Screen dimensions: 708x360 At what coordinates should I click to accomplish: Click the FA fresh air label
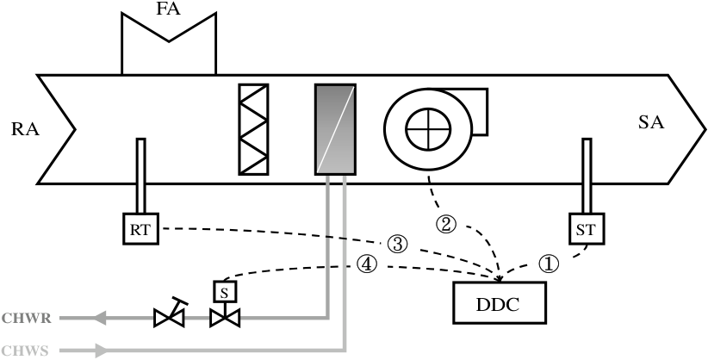169,9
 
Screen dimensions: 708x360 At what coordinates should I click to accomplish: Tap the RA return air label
25,130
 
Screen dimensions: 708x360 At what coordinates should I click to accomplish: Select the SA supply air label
651,122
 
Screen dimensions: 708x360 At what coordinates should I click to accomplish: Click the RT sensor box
141,229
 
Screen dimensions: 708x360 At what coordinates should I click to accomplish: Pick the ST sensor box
587,229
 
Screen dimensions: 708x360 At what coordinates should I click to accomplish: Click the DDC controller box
500,302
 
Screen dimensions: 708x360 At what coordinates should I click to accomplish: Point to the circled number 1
549,264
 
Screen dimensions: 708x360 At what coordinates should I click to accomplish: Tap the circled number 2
446,225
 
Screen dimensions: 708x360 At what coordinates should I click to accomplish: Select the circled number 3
397,245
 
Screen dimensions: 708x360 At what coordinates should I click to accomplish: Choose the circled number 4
367,264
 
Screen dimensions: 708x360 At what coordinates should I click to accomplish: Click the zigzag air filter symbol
254,129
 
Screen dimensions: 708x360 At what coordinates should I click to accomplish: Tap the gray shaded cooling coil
336,129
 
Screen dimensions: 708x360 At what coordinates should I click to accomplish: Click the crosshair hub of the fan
428,129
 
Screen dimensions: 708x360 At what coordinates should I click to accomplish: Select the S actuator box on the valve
225,292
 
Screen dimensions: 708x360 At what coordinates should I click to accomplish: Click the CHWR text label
26,319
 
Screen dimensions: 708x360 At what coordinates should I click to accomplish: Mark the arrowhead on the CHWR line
99,318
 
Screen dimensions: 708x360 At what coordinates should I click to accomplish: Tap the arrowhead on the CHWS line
102,350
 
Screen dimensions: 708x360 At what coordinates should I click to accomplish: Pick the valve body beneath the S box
225,318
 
